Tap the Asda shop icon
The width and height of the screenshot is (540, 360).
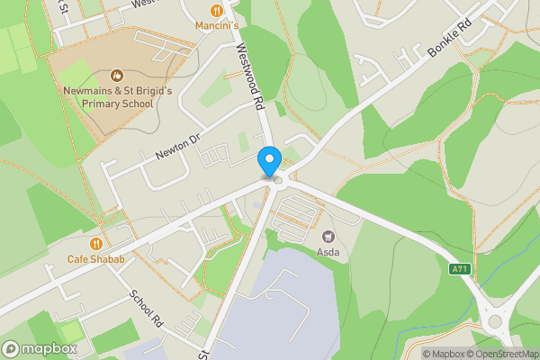point(328,237)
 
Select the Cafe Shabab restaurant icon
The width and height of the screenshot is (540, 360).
point(95,243)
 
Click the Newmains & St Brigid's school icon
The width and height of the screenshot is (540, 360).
point(116,75)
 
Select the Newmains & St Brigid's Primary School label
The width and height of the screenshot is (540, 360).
point(116,96)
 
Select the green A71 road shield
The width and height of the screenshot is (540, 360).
point(458,269)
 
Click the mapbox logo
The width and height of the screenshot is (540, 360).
point(40,348)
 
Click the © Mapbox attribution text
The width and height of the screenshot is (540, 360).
point(444,354)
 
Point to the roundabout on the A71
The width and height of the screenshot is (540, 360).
point(495,319)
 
